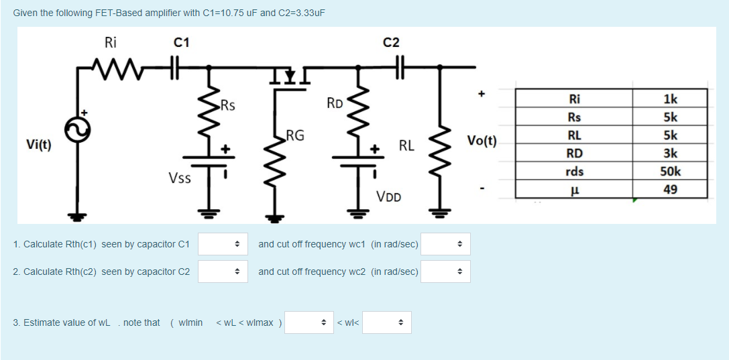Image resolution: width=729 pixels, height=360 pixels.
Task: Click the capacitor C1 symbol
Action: click(x=176, y=67)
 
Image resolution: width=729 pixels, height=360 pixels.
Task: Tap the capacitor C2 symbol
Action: click(x=400, y=67)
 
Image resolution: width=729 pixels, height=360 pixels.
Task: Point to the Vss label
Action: click(x=180, y=178)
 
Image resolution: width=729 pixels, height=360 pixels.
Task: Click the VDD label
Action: click(x=389, y=196)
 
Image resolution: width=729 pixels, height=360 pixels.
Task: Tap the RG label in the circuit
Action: click(x=295, y=136)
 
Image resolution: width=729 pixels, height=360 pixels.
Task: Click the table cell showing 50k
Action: click(x=669, y=171)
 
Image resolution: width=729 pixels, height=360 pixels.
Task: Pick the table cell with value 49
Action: click(x=669, y=189)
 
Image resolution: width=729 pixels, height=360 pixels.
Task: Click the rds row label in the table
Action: click(x=574, y=171)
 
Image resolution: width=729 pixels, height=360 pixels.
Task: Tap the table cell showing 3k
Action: click(x=669, y=153)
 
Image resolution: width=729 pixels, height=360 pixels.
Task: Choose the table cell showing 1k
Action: click(x=669, y=99)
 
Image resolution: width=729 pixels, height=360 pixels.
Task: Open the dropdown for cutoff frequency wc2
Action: click(x=445, y=272)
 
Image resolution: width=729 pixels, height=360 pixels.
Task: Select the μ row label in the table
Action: click(x=574, y=189)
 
